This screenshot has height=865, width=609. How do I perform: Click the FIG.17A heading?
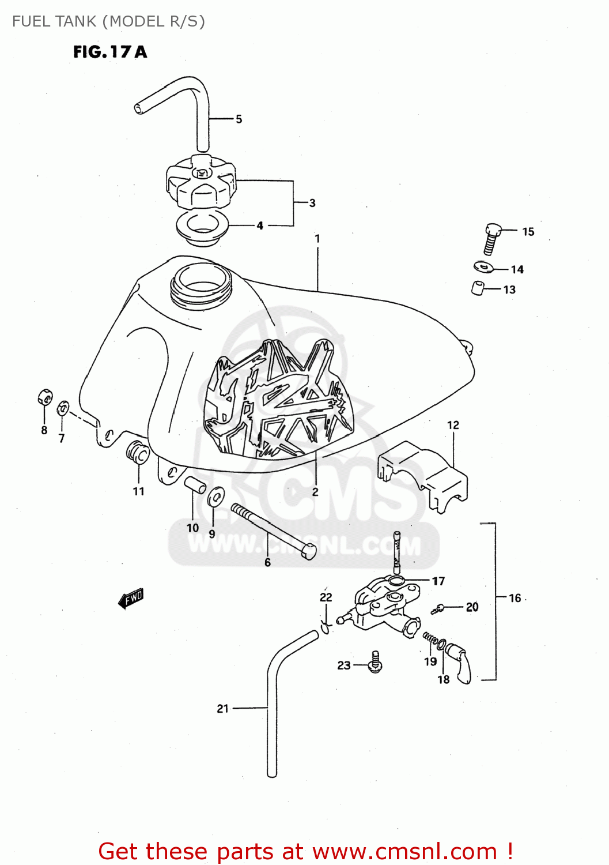(110, 52)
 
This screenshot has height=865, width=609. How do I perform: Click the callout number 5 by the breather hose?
(239, 119)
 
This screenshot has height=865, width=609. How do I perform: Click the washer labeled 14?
(483, 267)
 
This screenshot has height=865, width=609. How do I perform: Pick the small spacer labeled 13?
(478, 288)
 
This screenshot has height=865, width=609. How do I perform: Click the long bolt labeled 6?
(273, 531)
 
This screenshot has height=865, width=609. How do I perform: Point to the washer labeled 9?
(216, 497)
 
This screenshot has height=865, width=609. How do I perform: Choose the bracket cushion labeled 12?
(423, 476)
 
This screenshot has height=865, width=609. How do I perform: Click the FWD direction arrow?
(131, 599)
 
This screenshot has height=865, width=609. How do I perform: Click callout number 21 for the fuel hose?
(223, 709)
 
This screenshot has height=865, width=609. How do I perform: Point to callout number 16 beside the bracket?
(515, 598)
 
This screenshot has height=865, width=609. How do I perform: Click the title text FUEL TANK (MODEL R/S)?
(108, 21)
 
